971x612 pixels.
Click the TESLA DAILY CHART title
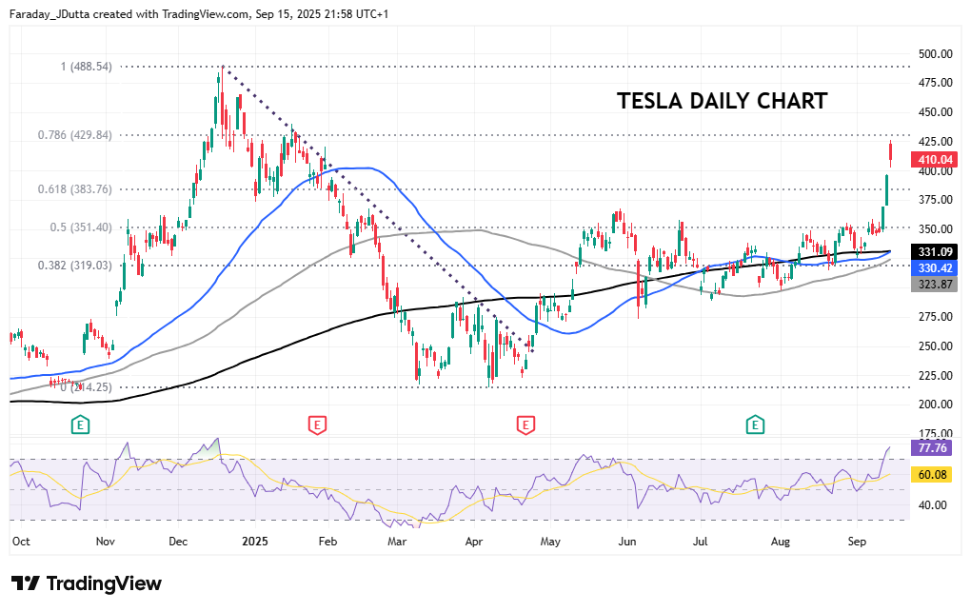722,101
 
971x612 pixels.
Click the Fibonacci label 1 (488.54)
87,67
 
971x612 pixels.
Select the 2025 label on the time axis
256,541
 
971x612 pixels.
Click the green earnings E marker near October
81,424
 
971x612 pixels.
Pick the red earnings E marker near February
317,424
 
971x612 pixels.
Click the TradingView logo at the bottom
87,583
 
